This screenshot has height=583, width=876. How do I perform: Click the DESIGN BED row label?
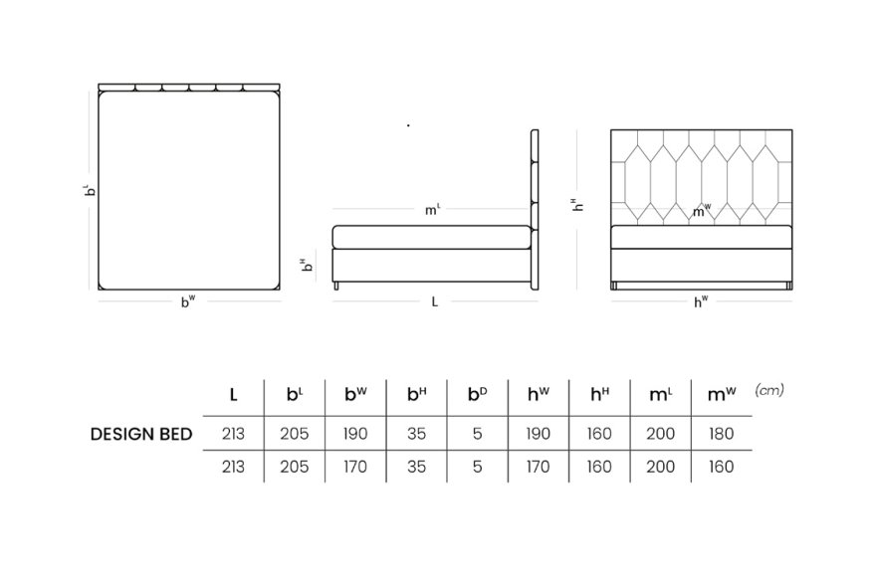click(x=141, y=434)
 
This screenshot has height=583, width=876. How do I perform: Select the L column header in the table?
click(x=234, y=395)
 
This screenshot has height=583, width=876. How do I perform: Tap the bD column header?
click(x=477, y=394)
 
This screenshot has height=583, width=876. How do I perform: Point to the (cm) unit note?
click(x=769, y=390)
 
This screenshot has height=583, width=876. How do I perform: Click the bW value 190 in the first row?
click(x=355, y=434)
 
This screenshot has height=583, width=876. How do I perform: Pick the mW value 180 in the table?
click(x=722, y=434)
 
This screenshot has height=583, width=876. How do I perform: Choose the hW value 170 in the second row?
click(x=538, y=467)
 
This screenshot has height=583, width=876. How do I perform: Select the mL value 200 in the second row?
click(x=660, y=467)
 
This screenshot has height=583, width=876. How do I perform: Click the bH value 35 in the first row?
click(x=416, y=434)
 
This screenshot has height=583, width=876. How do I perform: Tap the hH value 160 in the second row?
click(x=599, y=467)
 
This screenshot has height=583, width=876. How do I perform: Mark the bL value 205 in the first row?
click(x=295, y=434)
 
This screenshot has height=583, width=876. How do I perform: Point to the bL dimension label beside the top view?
click(x=90, y=190)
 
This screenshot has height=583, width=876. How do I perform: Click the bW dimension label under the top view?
click(x=188, y=301)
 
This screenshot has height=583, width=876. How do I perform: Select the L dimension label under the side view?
click(x=435, y=301)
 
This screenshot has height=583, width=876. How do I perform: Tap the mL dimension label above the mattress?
click(x=432, y=210)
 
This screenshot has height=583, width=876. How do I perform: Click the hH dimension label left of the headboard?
click(x=577, y=205)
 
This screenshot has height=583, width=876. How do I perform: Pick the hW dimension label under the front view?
click(x=701, y=301)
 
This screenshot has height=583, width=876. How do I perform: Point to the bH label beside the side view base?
click(x=307, y=265)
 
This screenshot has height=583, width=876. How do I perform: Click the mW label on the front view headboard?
click(x=702, y=211)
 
